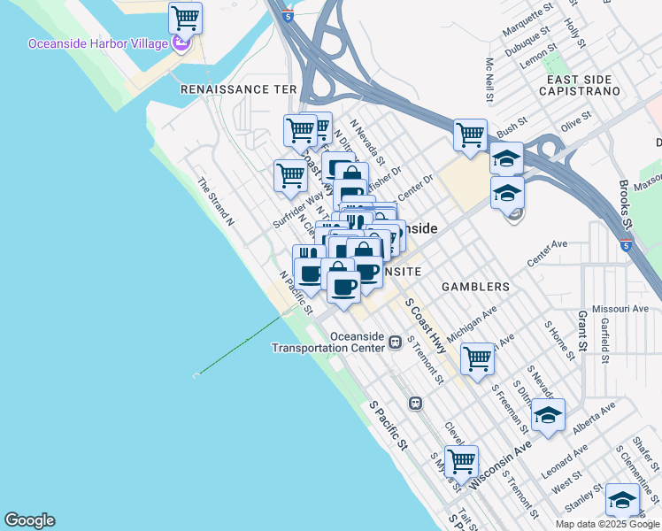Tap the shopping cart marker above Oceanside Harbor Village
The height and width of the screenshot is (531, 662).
click(x=185, y=17)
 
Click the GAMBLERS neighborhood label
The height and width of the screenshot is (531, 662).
click(x=476, y=287)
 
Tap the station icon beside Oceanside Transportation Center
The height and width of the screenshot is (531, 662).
click(x=396, y=342)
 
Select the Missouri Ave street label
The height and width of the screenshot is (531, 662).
click(x=620, y=309)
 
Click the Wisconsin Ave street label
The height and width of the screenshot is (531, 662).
click(x=500, y=466)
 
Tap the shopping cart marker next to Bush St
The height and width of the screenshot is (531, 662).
click(x=470, y=135)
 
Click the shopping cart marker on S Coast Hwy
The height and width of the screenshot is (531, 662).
click(x=477, y=358)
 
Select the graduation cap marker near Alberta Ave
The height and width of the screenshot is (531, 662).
click(x=548, y=414)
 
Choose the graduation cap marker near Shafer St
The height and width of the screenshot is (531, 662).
click(x=622, y=500)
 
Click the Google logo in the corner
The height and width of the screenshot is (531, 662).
click(x=29, y=520)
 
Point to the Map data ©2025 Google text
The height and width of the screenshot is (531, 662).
click(x=607, y=524)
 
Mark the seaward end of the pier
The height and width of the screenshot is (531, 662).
click(x=196, y=375)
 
